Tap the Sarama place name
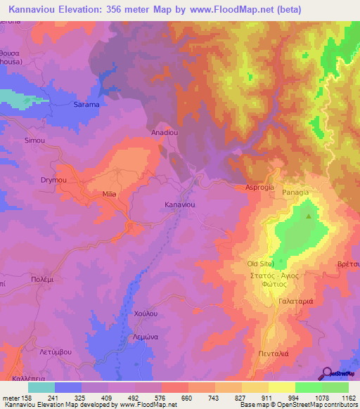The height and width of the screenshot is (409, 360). point(86,105)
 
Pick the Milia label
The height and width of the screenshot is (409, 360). point(108,194)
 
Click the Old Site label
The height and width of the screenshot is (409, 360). point(260,264)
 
